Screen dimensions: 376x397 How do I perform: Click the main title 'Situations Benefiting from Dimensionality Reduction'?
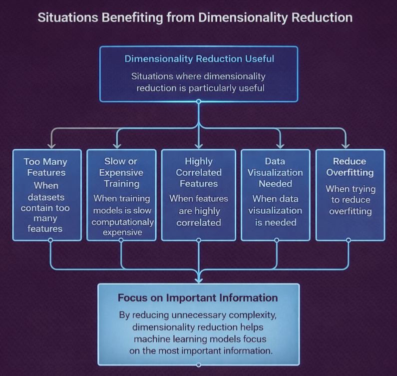click(x=195, y=17)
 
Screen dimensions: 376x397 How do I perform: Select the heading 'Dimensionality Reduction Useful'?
click(x=199, y=59)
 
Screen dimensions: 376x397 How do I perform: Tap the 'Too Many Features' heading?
click(x=45, y=167)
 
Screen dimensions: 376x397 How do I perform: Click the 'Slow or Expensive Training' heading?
click(x=120, y=172)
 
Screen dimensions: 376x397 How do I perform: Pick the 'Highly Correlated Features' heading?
click(x=198, y=172)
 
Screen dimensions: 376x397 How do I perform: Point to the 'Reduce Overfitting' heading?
click(x=349, y=167)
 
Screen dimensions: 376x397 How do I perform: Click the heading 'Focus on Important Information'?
click(x=198, y=298)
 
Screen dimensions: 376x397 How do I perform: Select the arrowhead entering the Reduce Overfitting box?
click(x=345, y=146)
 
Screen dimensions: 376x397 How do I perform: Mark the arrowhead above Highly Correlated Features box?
click(x=199, y=146)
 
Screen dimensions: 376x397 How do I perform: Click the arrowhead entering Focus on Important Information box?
click(x=199, y=279)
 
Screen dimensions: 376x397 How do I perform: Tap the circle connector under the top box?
click(x=199, y=101)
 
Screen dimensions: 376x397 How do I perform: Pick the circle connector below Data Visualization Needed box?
click(x=276, y=240)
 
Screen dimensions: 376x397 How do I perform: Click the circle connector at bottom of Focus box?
click(x=199, y=365)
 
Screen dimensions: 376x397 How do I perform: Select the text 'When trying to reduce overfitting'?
click(x=350, y=200)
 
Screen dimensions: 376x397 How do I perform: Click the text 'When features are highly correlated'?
click(x=198, y=210)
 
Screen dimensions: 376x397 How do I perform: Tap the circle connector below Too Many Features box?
click(x=50, y=240)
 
